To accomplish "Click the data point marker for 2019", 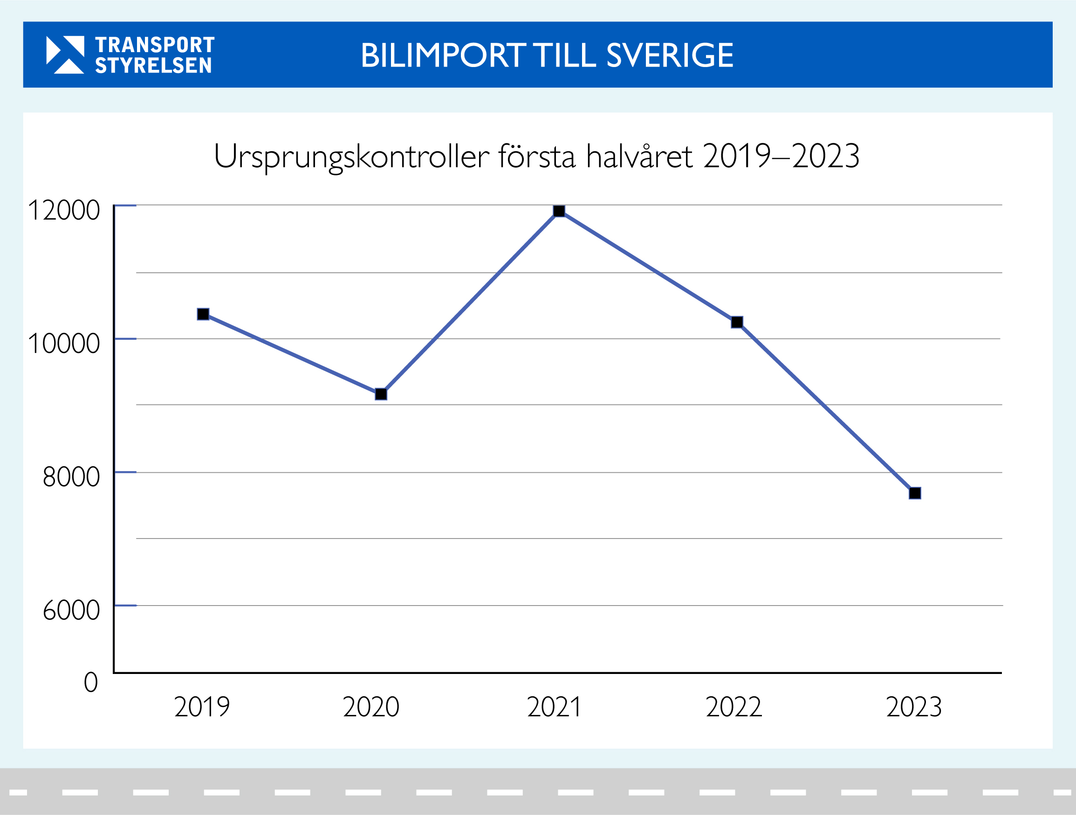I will point(203,314).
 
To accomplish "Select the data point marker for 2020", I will point(381,394).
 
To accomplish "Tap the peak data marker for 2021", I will point(559,211).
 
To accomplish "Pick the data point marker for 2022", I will point(737,322).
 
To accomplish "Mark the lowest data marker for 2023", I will point(915,493).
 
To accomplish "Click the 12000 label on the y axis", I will point(64,210).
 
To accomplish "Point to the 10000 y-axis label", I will point(64,344).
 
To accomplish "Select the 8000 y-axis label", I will point(71,477).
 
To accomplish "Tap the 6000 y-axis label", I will point(71,610).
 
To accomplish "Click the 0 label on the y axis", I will point(91,682).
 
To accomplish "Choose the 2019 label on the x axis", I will point(202,707).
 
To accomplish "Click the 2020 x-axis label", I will point(371,707).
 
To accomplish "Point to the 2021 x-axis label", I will point(554,707).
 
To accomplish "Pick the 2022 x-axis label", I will point(733,707).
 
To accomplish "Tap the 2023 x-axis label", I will point(914,707).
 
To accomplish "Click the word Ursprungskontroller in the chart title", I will point(351,156).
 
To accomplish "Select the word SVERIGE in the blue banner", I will point(670,55).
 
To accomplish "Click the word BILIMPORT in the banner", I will point(443,55).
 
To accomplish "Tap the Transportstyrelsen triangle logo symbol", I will point(65,54).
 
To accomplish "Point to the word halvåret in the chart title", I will point(639,156).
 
